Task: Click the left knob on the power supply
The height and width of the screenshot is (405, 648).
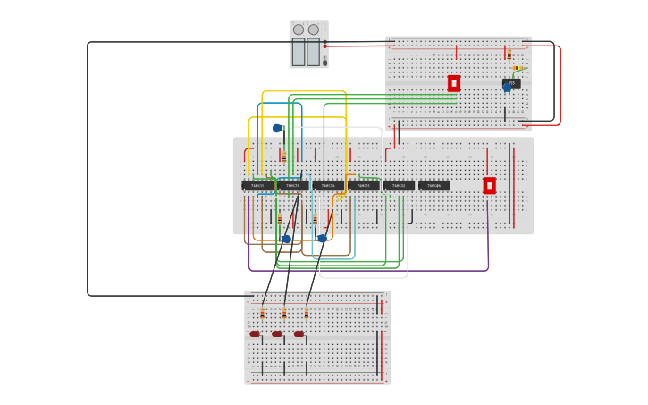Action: point(299,30)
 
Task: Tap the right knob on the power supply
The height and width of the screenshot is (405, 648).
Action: point(314,30)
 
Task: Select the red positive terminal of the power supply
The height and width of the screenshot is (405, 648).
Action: point(325,45)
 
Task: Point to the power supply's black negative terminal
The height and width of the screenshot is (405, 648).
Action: point(325,63)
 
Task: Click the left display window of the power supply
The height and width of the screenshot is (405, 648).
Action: point(299,52)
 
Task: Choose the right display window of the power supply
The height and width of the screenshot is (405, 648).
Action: point(314,52)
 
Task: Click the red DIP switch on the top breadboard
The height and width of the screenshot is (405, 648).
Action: point(454,83)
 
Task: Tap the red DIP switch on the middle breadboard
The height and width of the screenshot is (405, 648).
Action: point(489,185)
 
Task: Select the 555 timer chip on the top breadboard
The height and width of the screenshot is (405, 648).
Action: point(511,82)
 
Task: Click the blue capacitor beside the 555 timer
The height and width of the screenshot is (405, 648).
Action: point(507,89)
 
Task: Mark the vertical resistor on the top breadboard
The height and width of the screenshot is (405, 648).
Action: point(509,55)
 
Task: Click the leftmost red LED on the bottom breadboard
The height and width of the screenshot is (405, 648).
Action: point(255,334)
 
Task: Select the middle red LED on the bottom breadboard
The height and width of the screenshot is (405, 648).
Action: point(277,334)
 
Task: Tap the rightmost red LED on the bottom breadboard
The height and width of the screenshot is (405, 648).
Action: point(299,334)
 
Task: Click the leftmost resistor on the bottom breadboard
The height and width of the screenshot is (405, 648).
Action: point(262,314)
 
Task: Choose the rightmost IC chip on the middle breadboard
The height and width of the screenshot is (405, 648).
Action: point(434,186)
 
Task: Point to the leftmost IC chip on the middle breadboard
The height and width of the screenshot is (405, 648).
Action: point(257,186)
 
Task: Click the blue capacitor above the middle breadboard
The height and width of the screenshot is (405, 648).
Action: point(277,129)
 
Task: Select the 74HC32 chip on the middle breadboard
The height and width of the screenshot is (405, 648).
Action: point(399,186)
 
